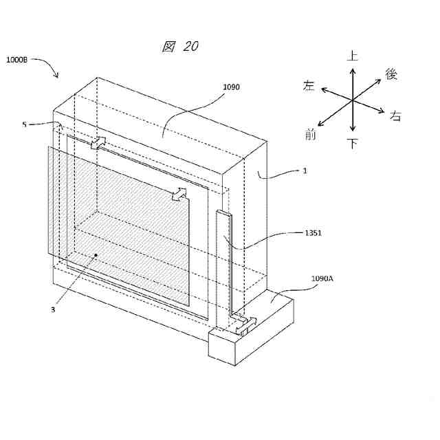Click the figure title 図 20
pos(180,47)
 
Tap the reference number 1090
pos(231,87)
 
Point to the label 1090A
pos(322,279)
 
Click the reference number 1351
pos(313,233)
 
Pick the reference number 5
pos(24,124)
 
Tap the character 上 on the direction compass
pos(353,56)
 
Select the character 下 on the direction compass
pos(353,144)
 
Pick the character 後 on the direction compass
pos(391,74)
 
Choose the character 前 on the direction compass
pos(311,135)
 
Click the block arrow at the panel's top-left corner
pos(98,142)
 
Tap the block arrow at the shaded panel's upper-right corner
pos(179,194)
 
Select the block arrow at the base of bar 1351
pos(245,325)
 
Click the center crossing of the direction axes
pos(353,100)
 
